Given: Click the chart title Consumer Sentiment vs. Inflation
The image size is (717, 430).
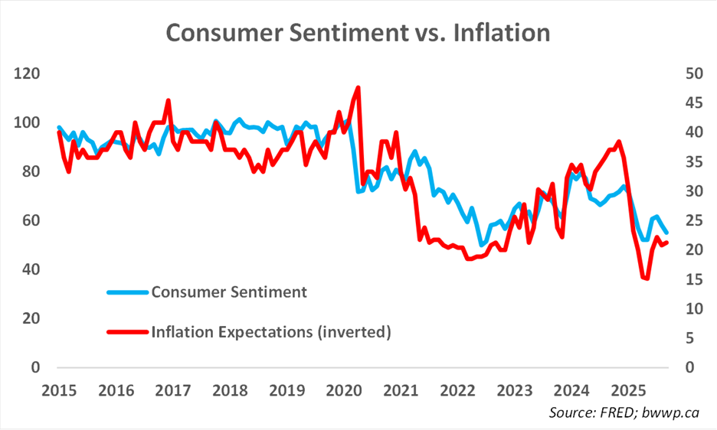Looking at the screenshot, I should (358, 33).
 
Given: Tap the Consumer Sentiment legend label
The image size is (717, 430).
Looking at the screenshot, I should (229, 292).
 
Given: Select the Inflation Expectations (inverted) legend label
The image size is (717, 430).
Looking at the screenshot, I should (271, 332).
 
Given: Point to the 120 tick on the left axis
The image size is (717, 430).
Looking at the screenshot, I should (28, 74).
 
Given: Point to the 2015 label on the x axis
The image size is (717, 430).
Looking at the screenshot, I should (58, 389).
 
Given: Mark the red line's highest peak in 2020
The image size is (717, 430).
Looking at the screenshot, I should (358, 88).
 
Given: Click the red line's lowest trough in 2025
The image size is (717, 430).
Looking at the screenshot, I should (647, 279).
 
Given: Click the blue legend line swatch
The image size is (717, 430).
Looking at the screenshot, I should (127, 292).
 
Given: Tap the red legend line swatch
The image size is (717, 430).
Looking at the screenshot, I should (127, 332).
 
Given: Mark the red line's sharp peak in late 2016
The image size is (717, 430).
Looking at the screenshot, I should (168, 100).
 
